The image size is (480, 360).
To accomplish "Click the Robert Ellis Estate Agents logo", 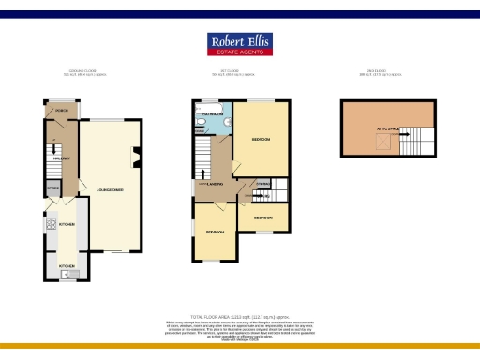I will tap(240, 45).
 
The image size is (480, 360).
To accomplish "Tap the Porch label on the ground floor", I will tap(63, 110).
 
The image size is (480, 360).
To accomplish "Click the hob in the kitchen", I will tap(48, 225).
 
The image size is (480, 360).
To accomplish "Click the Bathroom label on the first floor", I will tap(213, 112).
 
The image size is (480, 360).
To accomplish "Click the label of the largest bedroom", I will tap(261, 139).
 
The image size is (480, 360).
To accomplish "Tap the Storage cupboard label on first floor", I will tap(263, 184).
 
